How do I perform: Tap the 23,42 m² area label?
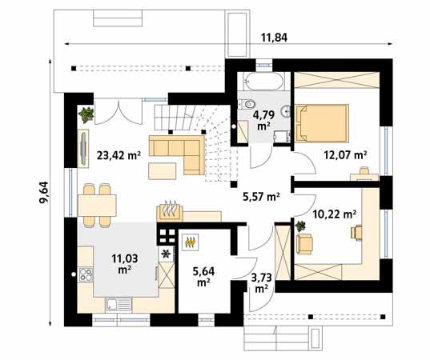pyautogui.click(x=119, y=156)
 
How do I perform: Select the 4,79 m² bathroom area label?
pyautogui.click(x=263, y=120)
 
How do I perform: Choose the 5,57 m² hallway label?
pyautogui.click(x=261, y=196)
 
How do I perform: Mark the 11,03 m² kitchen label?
pyautogui.click(x=124, y=262)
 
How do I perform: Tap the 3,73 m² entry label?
pyautogui.click(x=261, y=283)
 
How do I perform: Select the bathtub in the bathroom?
pyautogui.click(x=261, y=82)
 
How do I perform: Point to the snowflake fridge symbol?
pyautogui.click(x=166, y=254)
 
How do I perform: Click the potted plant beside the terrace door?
pyautogui.click(x=86, y=115)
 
